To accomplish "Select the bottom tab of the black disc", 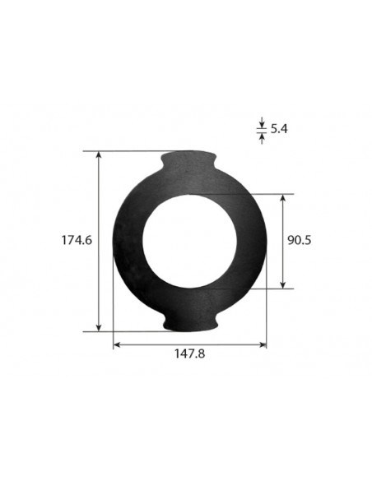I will point(190,322).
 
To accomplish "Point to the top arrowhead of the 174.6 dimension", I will point(100,155).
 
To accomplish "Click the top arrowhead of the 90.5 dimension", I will point(285,199).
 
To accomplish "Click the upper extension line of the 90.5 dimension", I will point(263,194).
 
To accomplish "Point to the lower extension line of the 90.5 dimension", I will point(263,288).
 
